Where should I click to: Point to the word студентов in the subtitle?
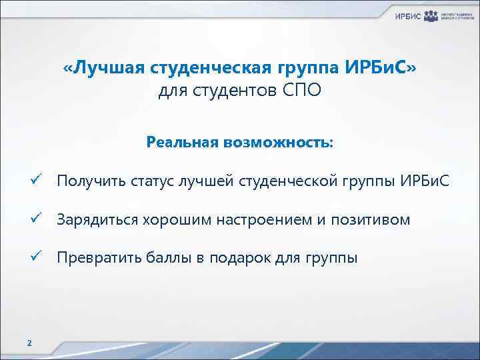coord(231,90)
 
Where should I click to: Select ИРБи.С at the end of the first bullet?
coord(427,181)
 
